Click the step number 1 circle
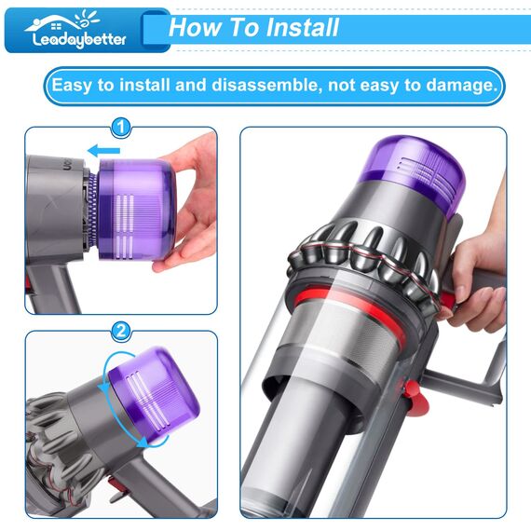click(121, 127)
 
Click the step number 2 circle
click(121, 331)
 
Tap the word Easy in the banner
click(72, 86)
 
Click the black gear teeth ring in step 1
click(90, 207)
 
